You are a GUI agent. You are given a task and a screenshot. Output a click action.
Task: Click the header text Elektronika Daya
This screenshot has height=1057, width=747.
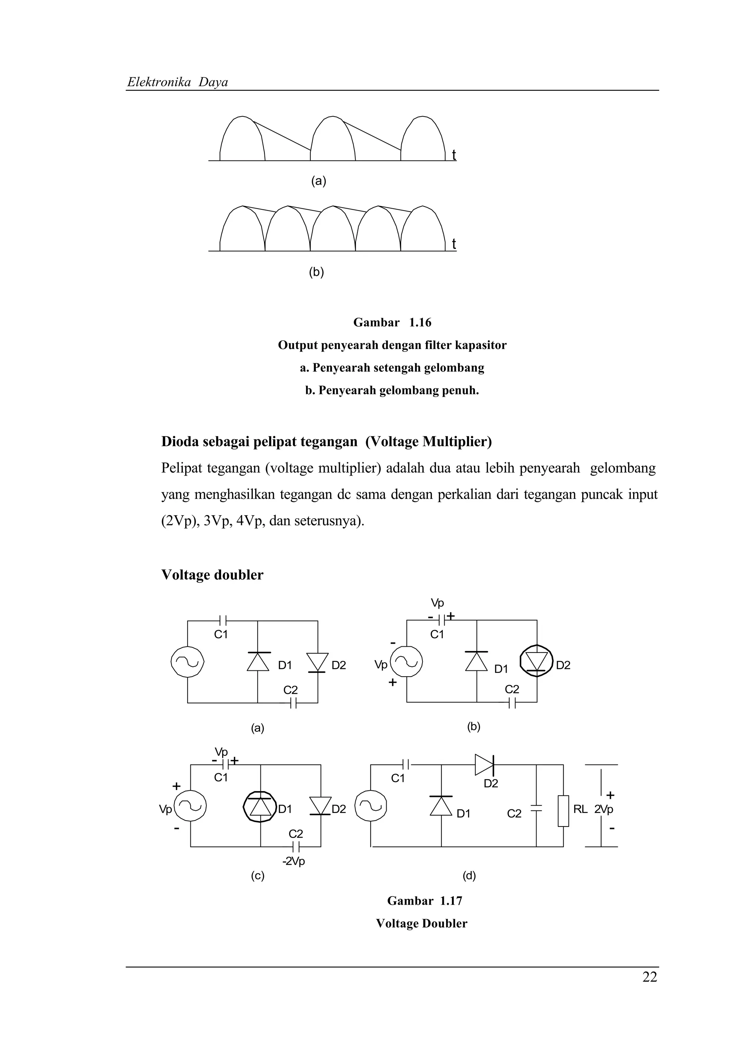click(178, 82)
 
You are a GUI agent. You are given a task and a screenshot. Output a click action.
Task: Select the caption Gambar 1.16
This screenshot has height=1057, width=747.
click(392, 323)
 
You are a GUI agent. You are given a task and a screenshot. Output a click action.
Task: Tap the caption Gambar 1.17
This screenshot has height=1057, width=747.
click(424, 901)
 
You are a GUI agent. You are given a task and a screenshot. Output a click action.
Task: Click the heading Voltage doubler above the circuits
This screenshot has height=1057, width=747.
click(212, 575)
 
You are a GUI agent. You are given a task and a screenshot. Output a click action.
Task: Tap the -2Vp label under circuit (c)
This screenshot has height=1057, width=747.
click(294, 861)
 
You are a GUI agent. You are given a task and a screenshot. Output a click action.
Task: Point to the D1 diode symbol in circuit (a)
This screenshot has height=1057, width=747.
click(258, 662)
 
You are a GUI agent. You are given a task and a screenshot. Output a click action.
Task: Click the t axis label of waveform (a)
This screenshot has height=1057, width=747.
click(454, 155)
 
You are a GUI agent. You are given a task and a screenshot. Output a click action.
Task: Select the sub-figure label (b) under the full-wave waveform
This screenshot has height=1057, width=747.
click(316, 272)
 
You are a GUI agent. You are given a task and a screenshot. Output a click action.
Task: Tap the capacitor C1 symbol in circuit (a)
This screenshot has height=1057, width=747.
click(223, 620)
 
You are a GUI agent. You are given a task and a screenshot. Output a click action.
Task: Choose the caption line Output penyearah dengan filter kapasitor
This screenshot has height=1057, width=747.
click(392, 345)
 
